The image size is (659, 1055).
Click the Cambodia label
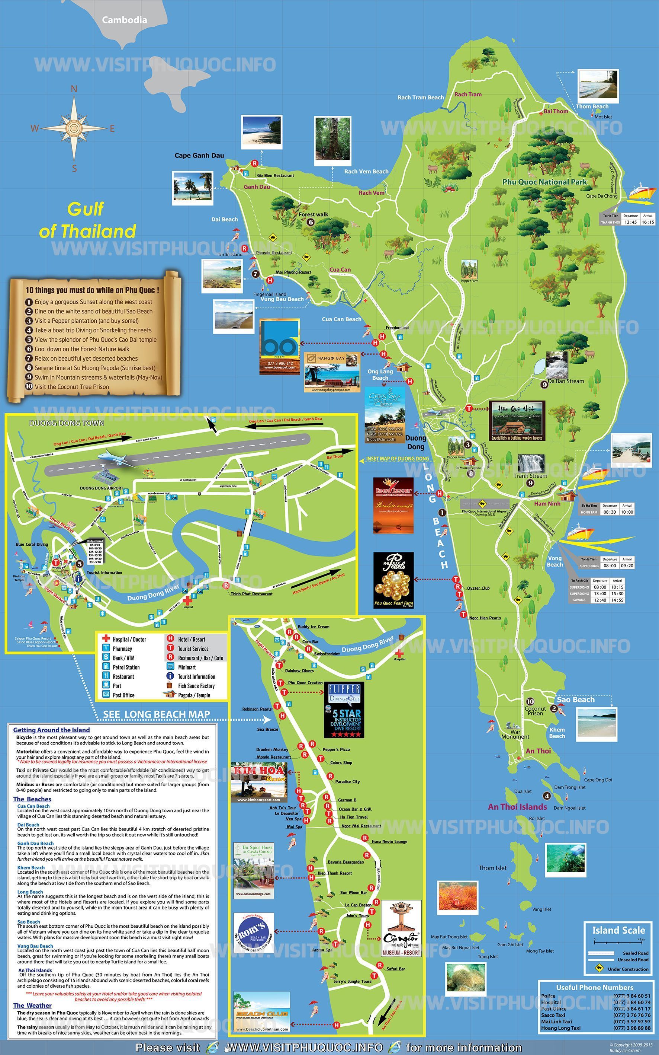(124, 20)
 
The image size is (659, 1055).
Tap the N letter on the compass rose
(74, 89)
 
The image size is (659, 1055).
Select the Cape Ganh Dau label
(199, 155)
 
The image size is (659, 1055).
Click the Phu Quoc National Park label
(544, 182)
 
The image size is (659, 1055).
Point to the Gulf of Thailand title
(87, 220)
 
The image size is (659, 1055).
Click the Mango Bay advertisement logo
(331, 358)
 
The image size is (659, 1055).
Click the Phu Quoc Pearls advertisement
(393, 580)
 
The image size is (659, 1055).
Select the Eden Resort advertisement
(393, 505)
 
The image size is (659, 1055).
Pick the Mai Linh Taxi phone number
(632, 1021)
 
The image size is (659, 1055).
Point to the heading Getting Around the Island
(51, 730)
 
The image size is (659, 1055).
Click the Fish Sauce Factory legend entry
(196, 686)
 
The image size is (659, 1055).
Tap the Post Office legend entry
(123, 695)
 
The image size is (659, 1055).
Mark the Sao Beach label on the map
(575, 699)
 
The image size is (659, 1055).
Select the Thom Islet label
(492, 868)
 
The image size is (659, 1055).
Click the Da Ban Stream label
(566, 381)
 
